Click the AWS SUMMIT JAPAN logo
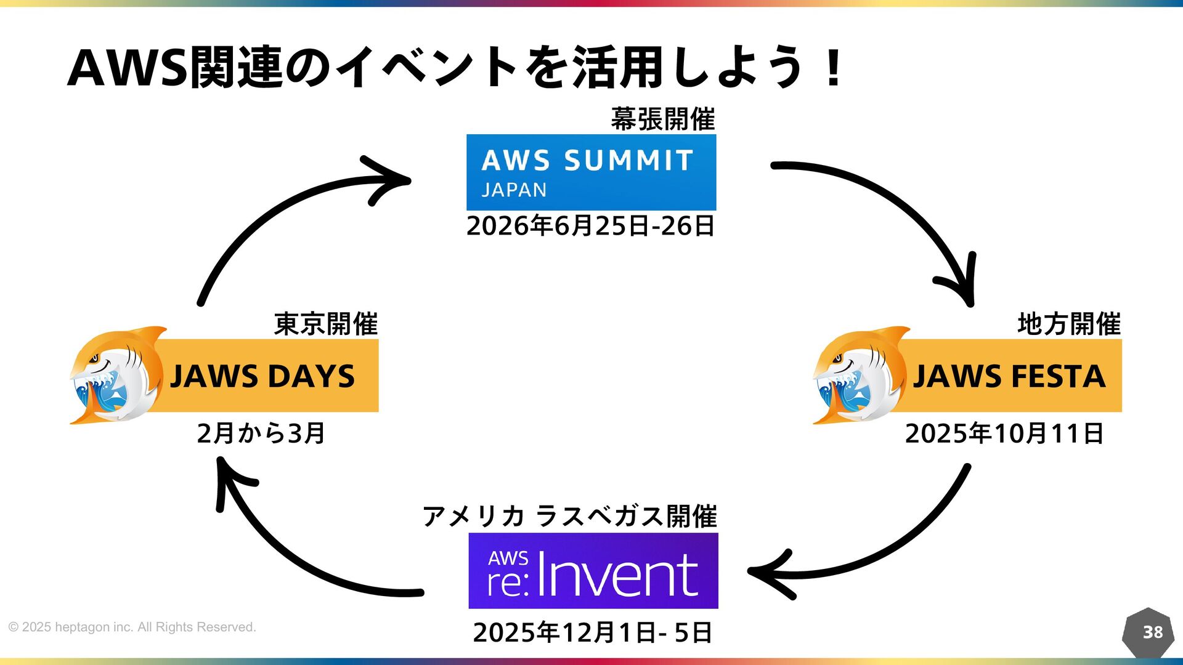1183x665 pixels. pos(591,172)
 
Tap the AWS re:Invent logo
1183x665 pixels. pos(593,571)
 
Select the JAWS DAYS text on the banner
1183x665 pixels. pos(262,376)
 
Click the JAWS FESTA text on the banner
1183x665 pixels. pos(1009,376)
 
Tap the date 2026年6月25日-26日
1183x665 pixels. pos(590,226)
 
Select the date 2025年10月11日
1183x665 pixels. pos(1004,433)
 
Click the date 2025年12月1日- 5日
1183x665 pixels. pos(593,632)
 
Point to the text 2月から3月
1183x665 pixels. pos(261,433)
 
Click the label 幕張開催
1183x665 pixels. pos(663,119)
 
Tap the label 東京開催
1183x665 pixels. pos(326,324)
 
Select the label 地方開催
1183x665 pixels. pos(1069,324)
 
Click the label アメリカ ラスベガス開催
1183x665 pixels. pos(569,516)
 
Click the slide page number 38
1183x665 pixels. pos(1152,632)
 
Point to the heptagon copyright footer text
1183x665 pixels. pos(132,627)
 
